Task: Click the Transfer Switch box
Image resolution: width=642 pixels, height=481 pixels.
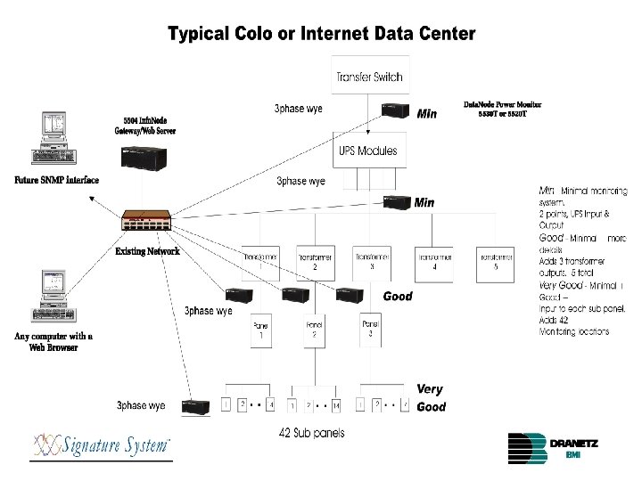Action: pos(368,77)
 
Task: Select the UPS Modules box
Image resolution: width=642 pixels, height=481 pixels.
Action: pos(368,151)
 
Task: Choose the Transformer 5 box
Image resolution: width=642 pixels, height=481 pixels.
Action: pos(495,261)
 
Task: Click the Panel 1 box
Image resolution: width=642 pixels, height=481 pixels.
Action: pos(261,330)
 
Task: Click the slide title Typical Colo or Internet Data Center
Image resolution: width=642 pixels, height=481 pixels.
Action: pos(322,34)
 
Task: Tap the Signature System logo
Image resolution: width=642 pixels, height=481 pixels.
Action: pos(102,444)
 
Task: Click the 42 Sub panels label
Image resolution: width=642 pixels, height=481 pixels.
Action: pos(311,433)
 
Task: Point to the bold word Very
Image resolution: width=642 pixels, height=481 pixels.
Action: pos(430,389)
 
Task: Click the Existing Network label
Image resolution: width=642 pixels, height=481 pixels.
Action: pos(147,252)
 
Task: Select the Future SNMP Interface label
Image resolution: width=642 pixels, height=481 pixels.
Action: pos(55,181)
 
